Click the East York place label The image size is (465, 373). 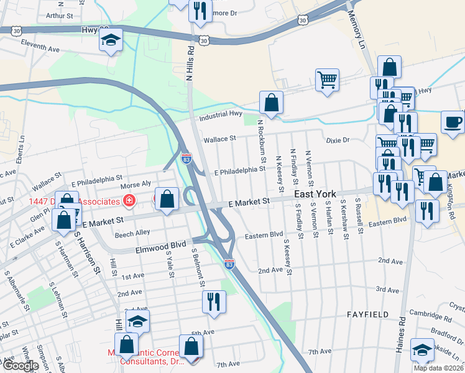pos(315,195)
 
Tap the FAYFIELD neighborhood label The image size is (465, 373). pos(368,315)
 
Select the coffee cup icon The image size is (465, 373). pos(453,121)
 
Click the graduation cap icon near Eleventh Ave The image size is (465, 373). pos(111,41)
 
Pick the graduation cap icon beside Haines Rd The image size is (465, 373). pos(422,350)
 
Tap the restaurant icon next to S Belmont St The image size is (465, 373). pos(213,302)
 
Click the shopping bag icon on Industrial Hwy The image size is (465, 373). pos(271,103)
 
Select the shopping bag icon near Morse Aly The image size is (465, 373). pos(167,199)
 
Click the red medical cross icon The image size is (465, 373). pos(129,200)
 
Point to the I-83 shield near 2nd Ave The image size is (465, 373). pos(229,264)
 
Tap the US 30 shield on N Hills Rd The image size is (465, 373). pos(204,40)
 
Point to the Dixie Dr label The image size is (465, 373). pos(338,140)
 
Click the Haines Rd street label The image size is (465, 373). pos(402,336)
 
